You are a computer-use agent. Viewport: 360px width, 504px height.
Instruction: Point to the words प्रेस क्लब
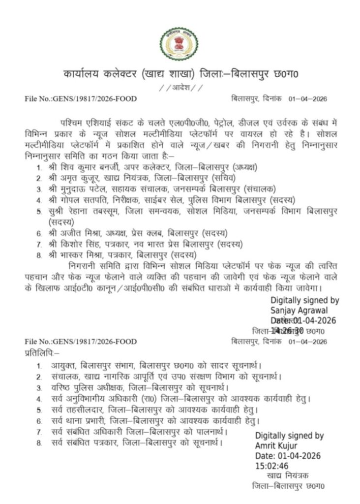[x=150, y=232]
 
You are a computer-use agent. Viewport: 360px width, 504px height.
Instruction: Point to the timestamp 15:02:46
[x=271, y=466]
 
